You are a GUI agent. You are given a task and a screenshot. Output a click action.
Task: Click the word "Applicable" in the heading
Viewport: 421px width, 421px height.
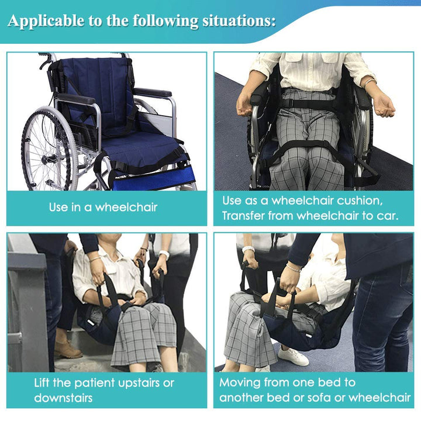[x=46, y=21]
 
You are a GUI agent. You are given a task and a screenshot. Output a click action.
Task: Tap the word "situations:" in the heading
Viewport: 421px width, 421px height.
[x=239, y=20]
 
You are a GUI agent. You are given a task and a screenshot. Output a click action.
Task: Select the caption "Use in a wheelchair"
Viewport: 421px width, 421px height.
[x=103, y=207]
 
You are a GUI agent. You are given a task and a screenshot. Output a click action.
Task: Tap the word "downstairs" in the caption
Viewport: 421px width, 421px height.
[x=63, y=398]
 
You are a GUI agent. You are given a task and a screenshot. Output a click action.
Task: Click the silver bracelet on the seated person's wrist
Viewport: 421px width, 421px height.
[x=370, y=82]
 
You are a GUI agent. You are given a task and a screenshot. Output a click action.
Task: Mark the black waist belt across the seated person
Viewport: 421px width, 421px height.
[x=309, y=103]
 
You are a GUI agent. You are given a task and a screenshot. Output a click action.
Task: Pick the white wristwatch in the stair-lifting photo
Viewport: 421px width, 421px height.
[x=164, y=254]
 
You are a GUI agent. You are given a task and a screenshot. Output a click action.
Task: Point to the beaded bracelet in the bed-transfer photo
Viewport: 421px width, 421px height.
[x=294, y=268]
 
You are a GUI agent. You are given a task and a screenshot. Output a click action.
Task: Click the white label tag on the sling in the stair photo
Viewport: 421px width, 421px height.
[x=91, y=322]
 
